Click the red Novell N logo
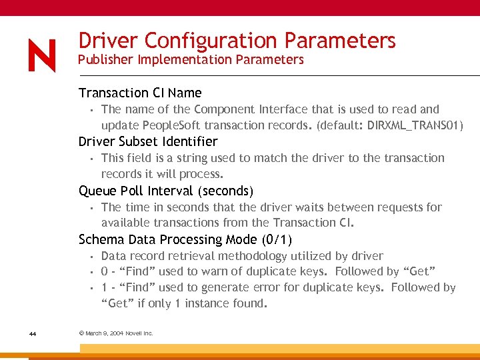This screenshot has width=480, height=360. click(x=41, y=55)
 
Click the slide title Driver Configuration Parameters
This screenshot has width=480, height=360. click(x=237, y=40)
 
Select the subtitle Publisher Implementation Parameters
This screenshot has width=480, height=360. click(x=191, y=60)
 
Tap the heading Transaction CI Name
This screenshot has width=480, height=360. click(x=140, y=93)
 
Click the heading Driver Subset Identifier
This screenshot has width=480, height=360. click(x=148, y=141)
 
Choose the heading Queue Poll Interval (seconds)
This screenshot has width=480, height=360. click(x=166, y=191)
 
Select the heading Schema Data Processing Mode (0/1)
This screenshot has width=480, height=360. click(x=185, y=239)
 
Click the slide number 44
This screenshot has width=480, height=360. click(x=33, y=333)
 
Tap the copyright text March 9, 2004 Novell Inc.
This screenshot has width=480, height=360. click(x=119, y=333)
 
